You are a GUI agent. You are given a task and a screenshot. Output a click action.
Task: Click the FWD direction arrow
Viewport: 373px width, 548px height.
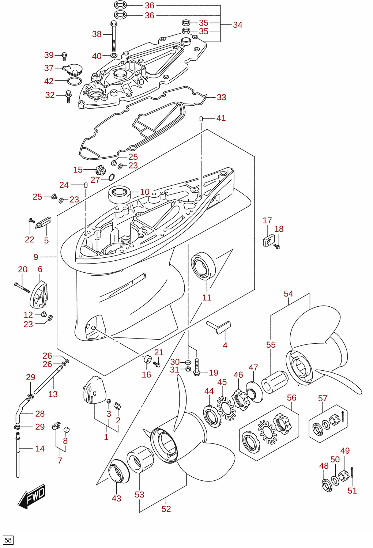pyautogui.click(x=31, y=496)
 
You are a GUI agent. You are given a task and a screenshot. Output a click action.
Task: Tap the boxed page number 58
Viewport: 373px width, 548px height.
pyautogui.click(x=8, y=540)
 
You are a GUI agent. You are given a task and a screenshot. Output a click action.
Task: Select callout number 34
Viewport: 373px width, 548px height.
pyautogui.click(x=238, y=25)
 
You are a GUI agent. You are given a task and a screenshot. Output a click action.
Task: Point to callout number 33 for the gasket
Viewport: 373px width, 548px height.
pyautogui.click(x=222, y=97)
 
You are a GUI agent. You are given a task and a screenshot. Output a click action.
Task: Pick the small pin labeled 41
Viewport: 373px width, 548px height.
pyautogui.click(x=201, y=119)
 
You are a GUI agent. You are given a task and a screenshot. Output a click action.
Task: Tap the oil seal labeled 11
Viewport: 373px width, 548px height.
pyautogui.click(x=203, y=266)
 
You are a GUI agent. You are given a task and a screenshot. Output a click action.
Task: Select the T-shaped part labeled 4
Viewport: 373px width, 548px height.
pyautogui.click(x=219, y=327)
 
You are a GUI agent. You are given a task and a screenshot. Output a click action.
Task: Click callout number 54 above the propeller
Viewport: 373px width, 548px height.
pyautogui.click(x=288, y=294)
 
